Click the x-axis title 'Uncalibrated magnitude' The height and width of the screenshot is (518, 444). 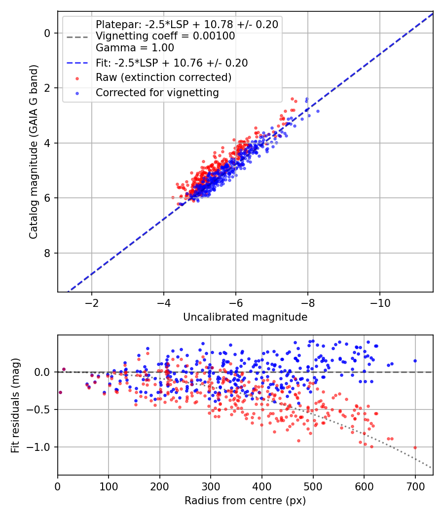point(245,317)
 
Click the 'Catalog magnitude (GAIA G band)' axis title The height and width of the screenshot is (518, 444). point(34,151)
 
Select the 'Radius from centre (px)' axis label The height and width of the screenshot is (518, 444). point(245,501)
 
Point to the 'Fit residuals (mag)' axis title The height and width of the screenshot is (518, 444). point(15,406)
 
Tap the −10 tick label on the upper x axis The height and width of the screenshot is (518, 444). point(379,303)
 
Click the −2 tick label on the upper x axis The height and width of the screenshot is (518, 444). point(91,303)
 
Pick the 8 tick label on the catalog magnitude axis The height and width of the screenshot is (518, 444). point(47,254)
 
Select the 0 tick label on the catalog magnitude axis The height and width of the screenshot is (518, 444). point(47,34)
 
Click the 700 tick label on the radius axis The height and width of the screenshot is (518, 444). point(415,486)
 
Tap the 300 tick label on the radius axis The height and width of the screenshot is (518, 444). point(211,486)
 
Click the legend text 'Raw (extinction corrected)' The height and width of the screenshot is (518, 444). point(163,77)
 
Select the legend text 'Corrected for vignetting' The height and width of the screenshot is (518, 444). point(157,93)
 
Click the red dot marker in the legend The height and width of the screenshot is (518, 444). point(77,78)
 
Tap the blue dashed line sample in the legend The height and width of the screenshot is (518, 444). point(77,63)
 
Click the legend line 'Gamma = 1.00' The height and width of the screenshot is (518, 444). point(135,48)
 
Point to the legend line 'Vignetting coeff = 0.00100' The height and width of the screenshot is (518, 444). point(165,36)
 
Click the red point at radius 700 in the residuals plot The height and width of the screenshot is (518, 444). point(415,447)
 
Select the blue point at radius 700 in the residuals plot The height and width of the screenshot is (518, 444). point(415,361)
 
